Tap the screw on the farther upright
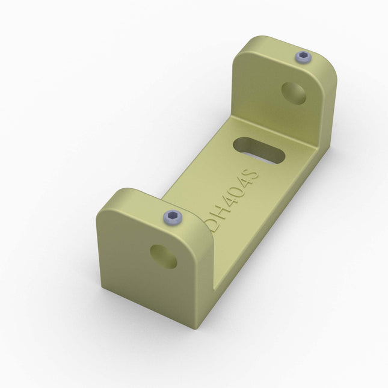click(303, 58)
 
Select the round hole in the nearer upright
click(164, 256)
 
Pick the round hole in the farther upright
click(294, 92)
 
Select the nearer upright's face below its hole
click(150, 289)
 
